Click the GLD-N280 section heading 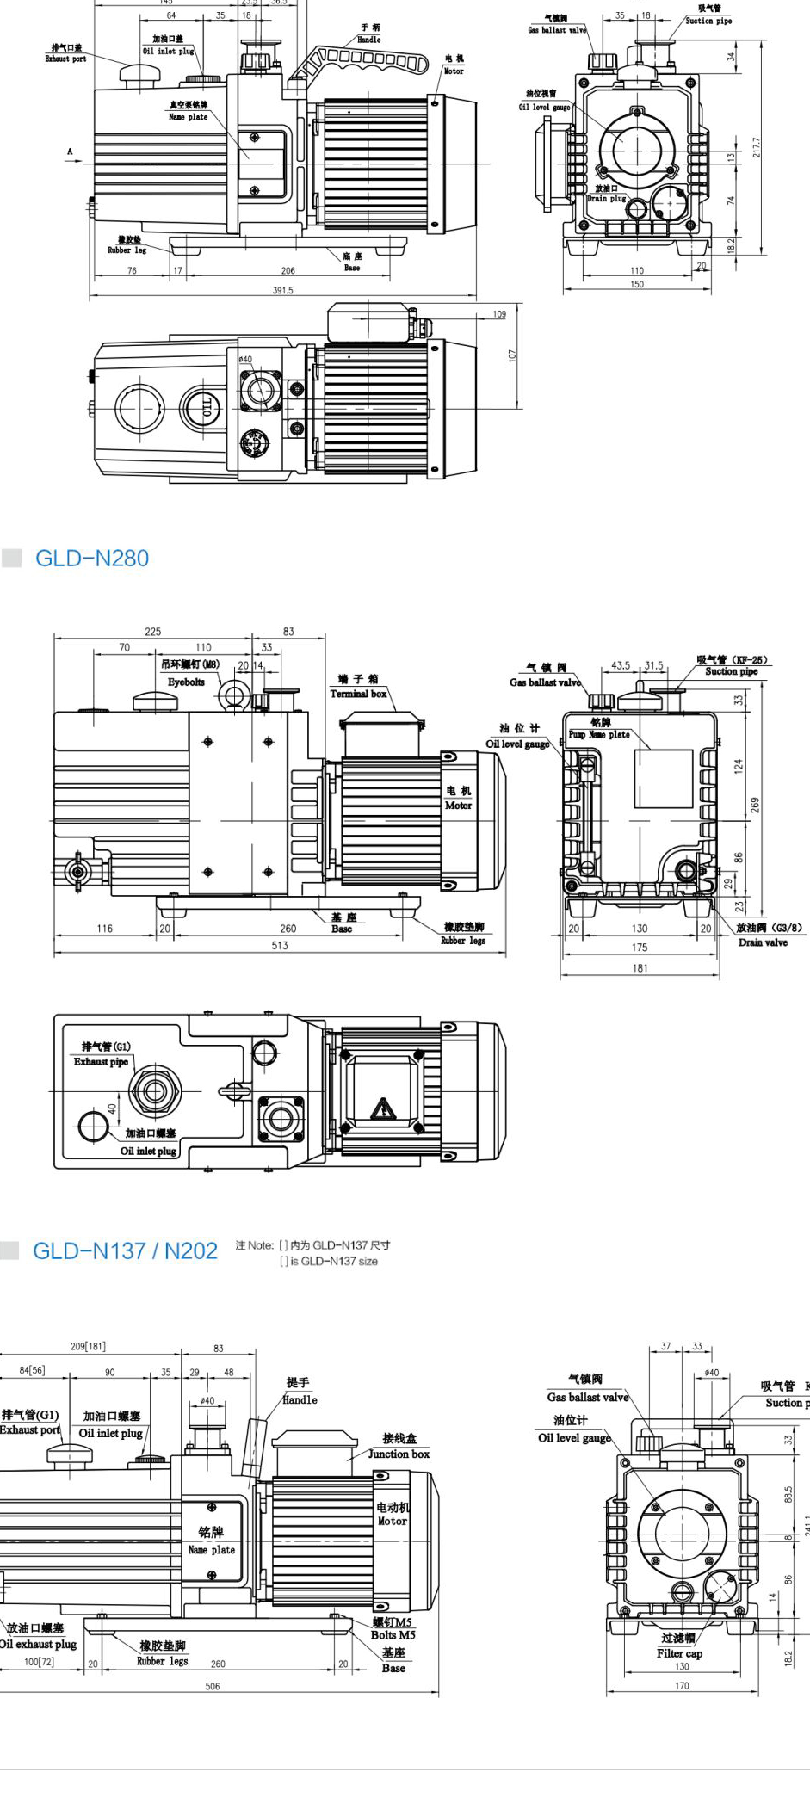[x=92, y=559]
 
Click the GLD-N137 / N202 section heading [x=125, y=1251]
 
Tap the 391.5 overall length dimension [x=282, y=291]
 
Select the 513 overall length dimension [x=280, y=945]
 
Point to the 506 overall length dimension [x=213, y=1686]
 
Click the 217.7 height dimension [x=757, y=147]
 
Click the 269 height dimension [x=755, y=805]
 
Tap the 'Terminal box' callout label [x=358, y=694]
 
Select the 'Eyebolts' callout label [x=186, y=682]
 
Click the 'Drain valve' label [x=763, y=942]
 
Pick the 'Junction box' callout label [x=399, y=1454]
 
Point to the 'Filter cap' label [x=679, y=1653]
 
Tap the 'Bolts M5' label [x=393, y=1635]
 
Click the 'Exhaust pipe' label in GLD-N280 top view [x=101, y=1062]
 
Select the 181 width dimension [x=640, y=968]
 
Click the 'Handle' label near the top [x=368, y=40]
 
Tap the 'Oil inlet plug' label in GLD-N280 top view [x=148, y=1151]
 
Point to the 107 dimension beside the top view [x=511, y=355]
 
